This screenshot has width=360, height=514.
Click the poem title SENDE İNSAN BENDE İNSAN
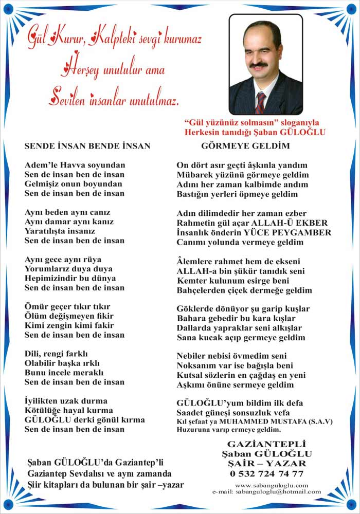pos(87,146)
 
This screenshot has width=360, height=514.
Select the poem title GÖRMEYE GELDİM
pos(245,146)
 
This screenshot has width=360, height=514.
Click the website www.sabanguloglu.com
pos(271,485)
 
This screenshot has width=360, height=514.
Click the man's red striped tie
pos(261,103)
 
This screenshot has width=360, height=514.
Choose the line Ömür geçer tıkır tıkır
pos(67,307)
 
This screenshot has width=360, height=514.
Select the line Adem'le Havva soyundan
pos(75,165)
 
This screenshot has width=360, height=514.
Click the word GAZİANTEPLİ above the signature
pos(266,443)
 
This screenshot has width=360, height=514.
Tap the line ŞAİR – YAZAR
pos(266,463)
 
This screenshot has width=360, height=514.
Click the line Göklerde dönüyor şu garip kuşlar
pos(243,309)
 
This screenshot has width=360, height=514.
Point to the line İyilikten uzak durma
pos(66,401)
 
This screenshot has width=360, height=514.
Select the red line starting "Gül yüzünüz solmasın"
pos(251,123)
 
